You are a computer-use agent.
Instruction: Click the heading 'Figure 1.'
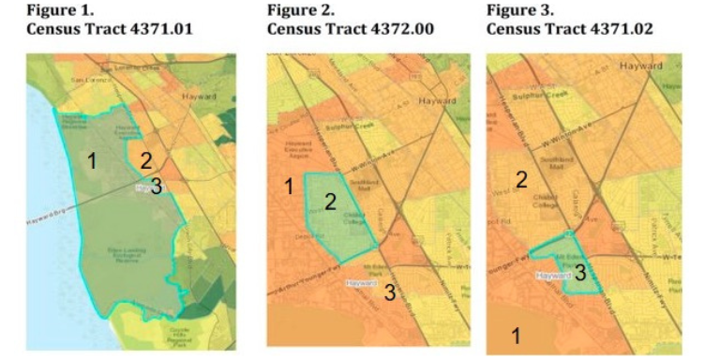[x=54, y=11]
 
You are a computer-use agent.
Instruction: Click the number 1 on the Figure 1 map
[x=92, y=161]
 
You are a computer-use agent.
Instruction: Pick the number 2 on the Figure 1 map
[x=145, y=158]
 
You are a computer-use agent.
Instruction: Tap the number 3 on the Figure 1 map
[x=156, y=187]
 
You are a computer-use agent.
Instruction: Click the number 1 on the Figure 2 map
[x=290, y=187]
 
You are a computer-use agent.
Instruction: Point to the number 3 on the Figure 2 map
[x=389, y=292]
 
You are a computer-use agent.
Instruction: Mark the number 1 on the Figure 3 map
[x=515, y=335]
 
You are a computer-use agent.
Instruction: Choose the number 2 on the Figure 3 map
[x=521, y=179]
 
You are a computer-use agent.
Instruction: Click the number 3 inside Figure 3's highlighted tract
[x=580, y=273]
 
